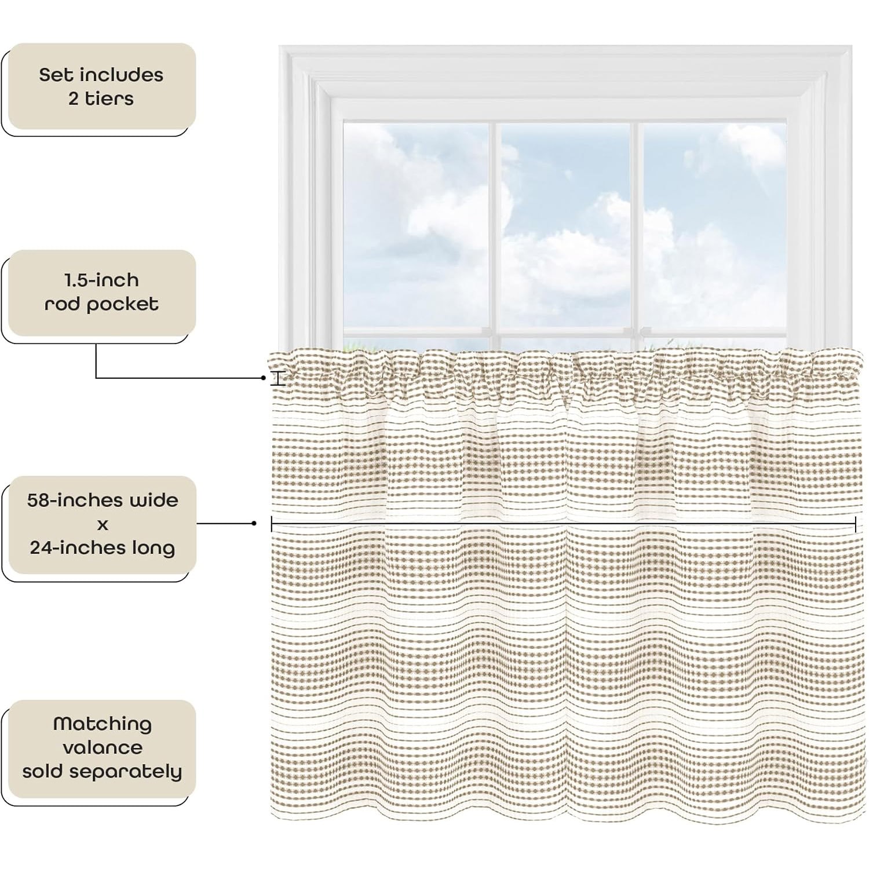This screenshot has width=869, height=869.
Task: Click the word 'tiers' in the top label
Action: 109,99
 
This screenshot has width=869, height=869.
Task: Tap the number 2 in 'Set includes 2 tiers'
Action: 74,99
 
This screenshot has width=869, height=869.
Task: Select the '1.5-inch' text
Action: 101,280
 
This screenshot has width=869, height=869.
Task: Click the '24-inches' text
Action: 71,548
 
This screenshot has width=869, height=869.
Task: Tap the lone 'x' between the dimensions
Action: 103,525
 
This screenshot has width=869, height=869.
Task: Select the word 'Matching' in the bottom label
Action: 103,724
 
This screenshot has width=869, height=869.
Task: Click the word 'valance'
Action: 103,748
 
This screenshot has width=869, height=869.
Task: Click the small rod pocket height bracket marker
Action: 279,379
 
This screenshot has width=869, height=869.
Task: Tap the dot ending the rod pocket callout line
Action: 264,378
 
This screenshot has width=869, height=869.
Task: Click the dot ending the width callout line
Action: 254,524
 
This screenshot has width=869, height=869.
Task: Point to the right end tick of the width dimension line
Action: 856,524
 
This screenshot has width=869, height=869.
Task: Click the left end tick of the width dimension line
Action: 272,524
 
